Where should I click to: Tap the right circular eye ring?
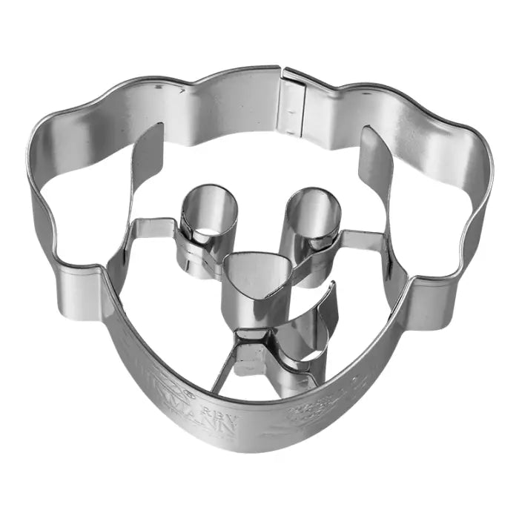click(314, 215)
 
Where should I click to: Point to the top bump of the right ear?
click(430, 111)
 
